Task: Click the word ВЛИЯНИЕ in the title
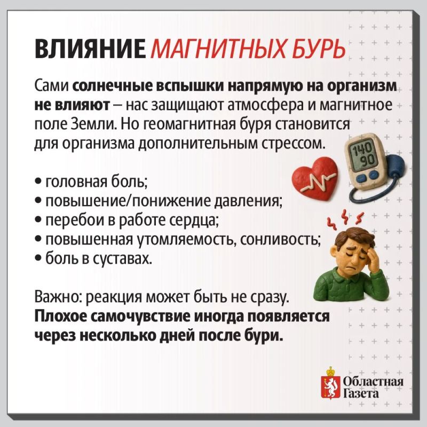[x=90, y=49]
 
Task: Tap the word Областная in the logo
[x=373, y=381]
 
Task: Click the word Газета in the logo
[x=361, y=394]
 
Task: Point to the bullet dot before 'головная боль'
[x=38, y=181]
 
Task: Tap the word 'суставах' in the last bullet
[x=123, y=259]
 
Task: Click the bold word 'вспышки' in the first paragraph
[x=190, y=86]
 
